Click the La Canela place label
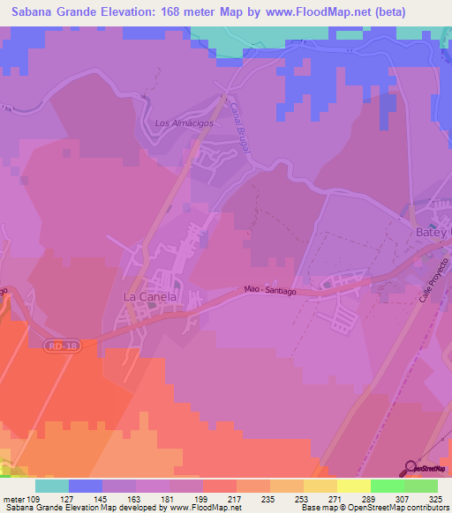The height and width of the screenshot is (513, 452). point(150,298)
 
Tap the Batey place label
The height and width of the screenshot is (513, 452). point(433,231)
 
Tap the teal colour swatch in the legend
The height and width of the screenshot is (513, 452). point(52,486)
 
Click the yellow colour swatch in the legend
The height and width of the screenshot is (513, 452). point(352,486)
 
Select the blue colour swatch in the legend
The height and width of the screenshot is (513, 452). point(86,486)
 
